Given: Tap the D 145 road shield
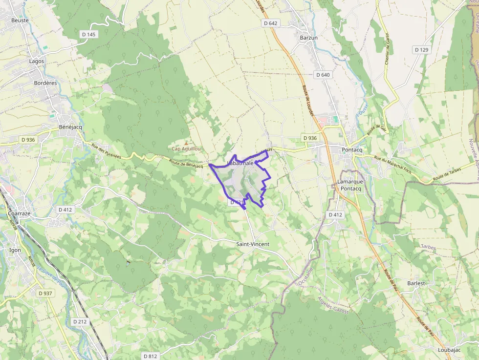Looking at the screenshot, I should click(x=88, y=34).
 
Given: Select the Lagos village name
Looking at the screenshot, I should click(x=37, y=62).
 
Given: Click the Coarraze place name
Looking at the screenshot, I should click(x=20, y=213).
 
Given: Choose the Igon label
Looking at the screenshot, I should click(x=15, y=250).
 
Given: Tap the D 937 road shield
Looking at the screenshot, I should click(x=45, y=293).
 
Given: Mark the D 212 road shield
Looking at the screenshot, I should click(x=80, y=321).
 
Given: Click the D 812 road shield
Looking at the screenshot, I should click(x=151, y=356).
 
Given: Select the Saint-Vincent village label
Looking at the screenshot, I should click(x=253, y=244).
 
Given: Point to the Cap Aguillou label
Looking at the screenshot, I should click(x=186, y=148).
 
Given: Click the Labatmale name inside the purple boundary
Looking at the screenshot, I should click(x=240, y=163).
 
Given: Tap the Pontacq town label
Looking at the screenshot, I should click(x=352, y=149).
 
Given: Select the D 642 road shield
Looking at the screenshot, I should click(x=270, y=23).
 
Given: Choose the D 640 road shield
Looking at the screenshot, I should click(x=323, y=75).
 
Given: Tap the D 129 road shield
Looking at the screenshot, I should click(x=421, y=50).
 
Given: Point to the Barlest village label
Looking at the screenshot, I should click(x=416, y=283).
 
